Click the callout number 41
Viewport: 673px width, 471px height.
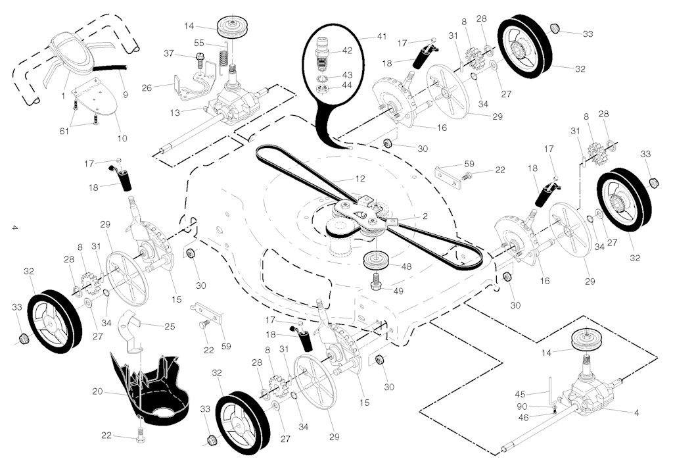tap(382, 37)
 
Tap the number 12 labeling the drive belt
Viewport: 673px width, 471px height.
tap(360, 178)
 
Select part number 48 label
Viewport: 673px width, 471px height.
tap(406, 266)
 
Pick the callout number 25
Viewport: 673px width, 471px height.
tap(170, 326)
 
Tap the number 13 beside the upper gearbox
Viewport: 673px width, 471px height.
tap(175, 113)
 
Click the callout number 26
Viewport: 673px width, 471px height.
tap(147, 87)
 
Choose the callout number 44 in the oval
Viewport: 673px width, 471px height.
tap(347, 85)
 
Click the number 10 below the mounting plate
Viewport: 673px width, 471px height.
tap(122, 138)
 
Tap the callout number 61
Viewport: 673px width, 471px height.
tap(64, 131)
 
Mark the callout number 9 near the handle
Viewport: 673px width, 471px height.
tap(126, 95)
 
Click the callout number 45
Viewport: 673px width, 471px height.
tap(520, 394)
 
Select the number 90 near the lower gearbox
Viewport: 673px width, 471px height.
tap(522, 407)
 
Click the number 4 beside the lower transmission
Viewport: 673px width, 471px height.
tap(636, 412)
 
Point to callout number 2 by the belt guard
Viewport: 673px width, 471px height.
tap(425, 216)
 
